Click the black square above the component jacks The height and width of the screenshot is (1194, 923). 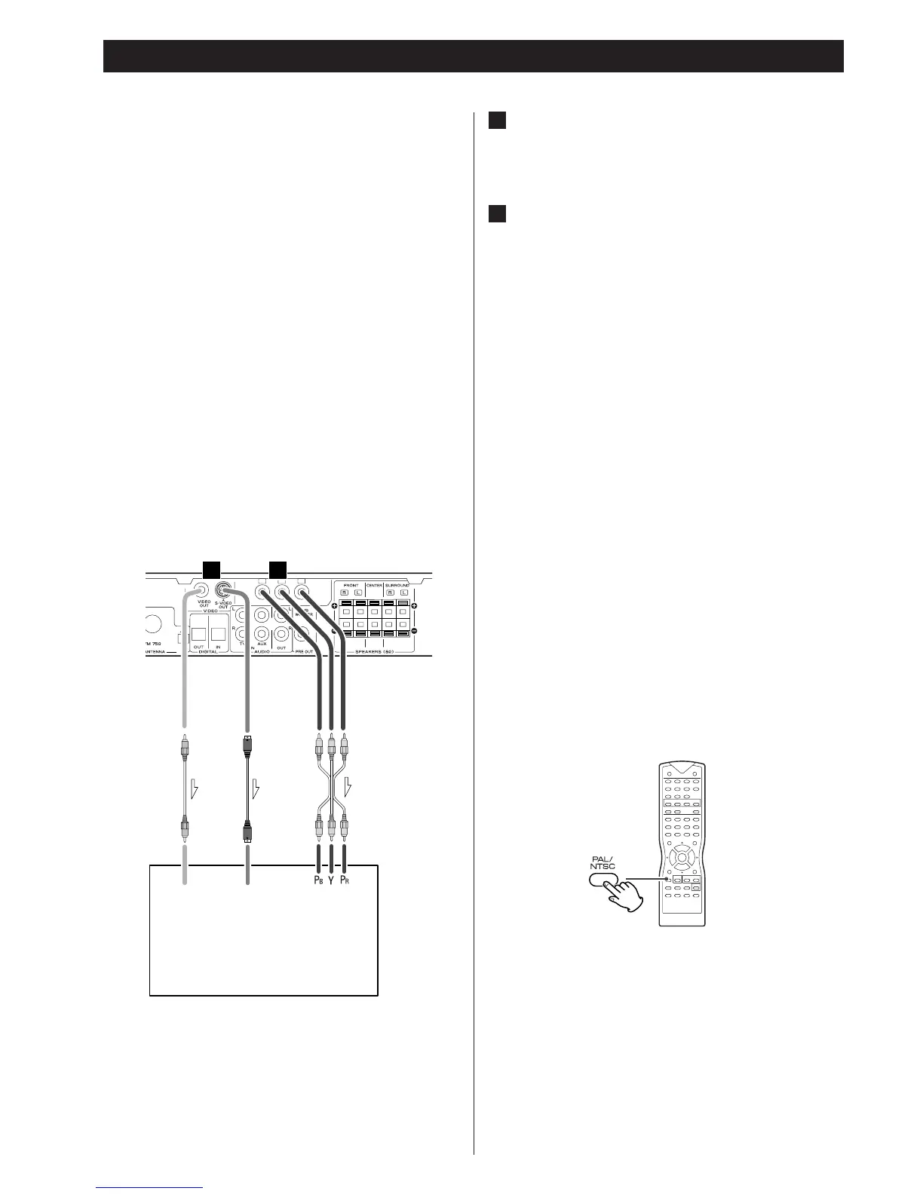[278, 570]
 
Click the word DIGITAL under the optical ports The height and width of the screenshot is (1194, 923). [209, 652]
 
